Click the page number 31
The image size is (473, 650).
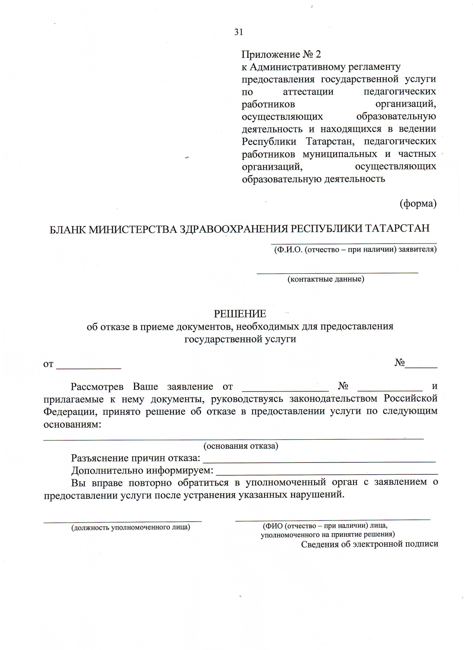pyautogui.click(x=238, y=32)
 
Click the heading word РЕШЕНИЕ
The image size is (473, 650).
pyautogui.click(x=240, y=314)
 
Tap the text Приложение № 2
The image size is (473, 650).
pyautogui.click(x=281, y=54)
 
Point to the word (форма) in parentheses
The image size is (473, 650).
pyautogui.click(x=418, y=204)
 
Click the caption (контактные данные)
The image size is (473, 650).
pyautogui.click(x=326, y=279)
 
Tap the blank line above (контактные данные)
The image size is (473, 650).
pyautogui.click(x=337, y=272)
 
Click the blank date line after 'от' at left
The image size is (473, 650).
pyautogui.click(x=89, y=367)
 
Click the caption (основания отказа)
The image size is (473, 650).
pyautogui.click(x=240, y=446)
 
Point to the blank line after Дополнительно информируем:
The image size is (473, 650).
pyautogui.click(x=327, y=473)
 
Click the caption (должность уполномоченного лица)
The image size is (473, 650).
pyautogui.click(x=130, y=527)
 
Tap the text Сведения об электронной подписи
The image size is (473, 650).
pyautogui.click(x=369, y=544)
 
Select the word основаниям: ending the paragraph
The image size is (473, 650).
pyautogui.click(x=72, y=425)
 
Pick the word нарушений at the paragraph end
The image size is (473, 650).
pyautogui.click(x=317, y=495)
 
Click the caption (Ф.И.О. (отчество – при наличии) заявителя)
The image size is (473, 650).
pyautogui.click(x=355, y=249)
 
